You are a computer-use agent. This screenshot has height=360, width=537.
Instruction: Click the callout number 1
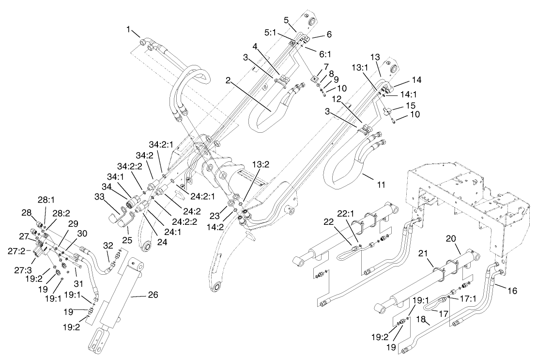coord(129,30)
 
